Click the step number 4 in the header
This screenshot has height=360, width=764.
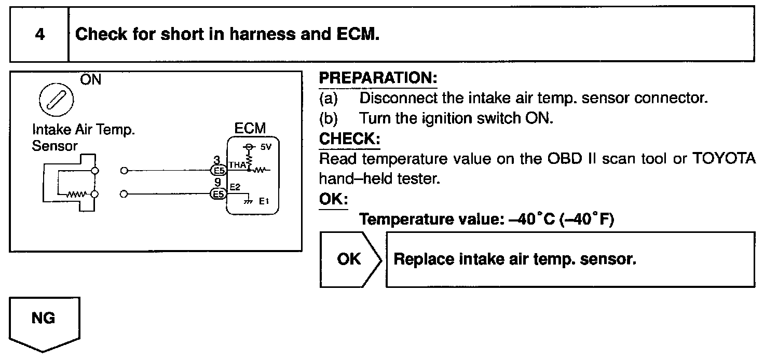click(x=39, y=35)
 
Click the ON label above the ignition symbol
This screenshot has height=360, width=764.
click(x=91, y=80)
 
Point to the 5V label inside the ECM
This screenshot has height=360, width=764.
click(x=266, y=147)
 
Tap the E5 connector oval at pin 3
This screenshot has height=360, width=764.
click(x=217, y=170)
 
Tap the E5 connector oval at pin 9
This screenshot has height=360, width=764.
click(x=217, y=195)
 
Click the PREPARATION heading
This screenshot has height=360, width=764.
click(x=378, y=79)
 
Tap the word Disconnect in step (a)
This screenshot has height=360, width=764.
click(x=397, y=98)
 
